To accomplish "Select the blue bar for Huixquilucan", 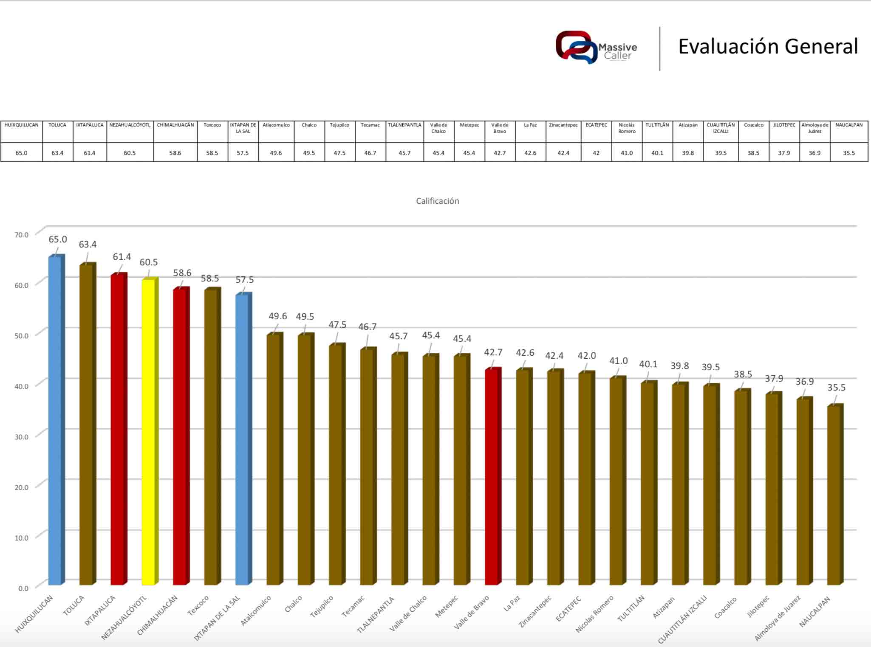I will (x=55, y=420).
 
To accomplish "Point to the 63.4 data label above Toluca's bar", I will (x=88, y=245).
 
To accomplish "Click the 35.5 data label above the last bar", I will (x=836, y=388).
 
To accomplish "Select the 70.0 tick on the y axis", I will (x=21, y=235).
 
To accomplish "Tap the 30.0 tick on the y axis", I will (x=21, y=437).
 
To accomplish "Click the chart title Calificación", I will (x=437, y=201).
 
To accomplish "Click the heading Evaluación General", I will (x=768, y=46).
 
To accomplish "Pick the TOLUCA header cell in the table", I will (x=57, y=125).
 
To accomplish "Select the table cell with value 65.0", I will (x=21, y=153).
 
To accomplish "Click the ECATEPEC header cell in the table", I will (x=596, y=125).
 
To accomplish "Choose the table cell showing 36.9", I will (x=814, y=153).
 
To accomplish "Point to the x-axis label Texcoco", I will (x=198, y=606).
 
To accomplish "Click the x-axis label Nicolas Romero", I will (x=594, y=614).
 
